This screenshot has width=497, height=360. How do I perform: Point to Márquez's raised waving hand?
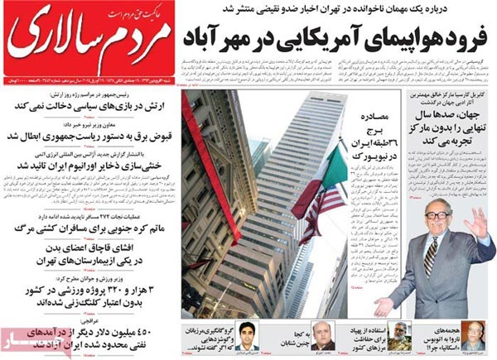[x=480, y=223]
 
